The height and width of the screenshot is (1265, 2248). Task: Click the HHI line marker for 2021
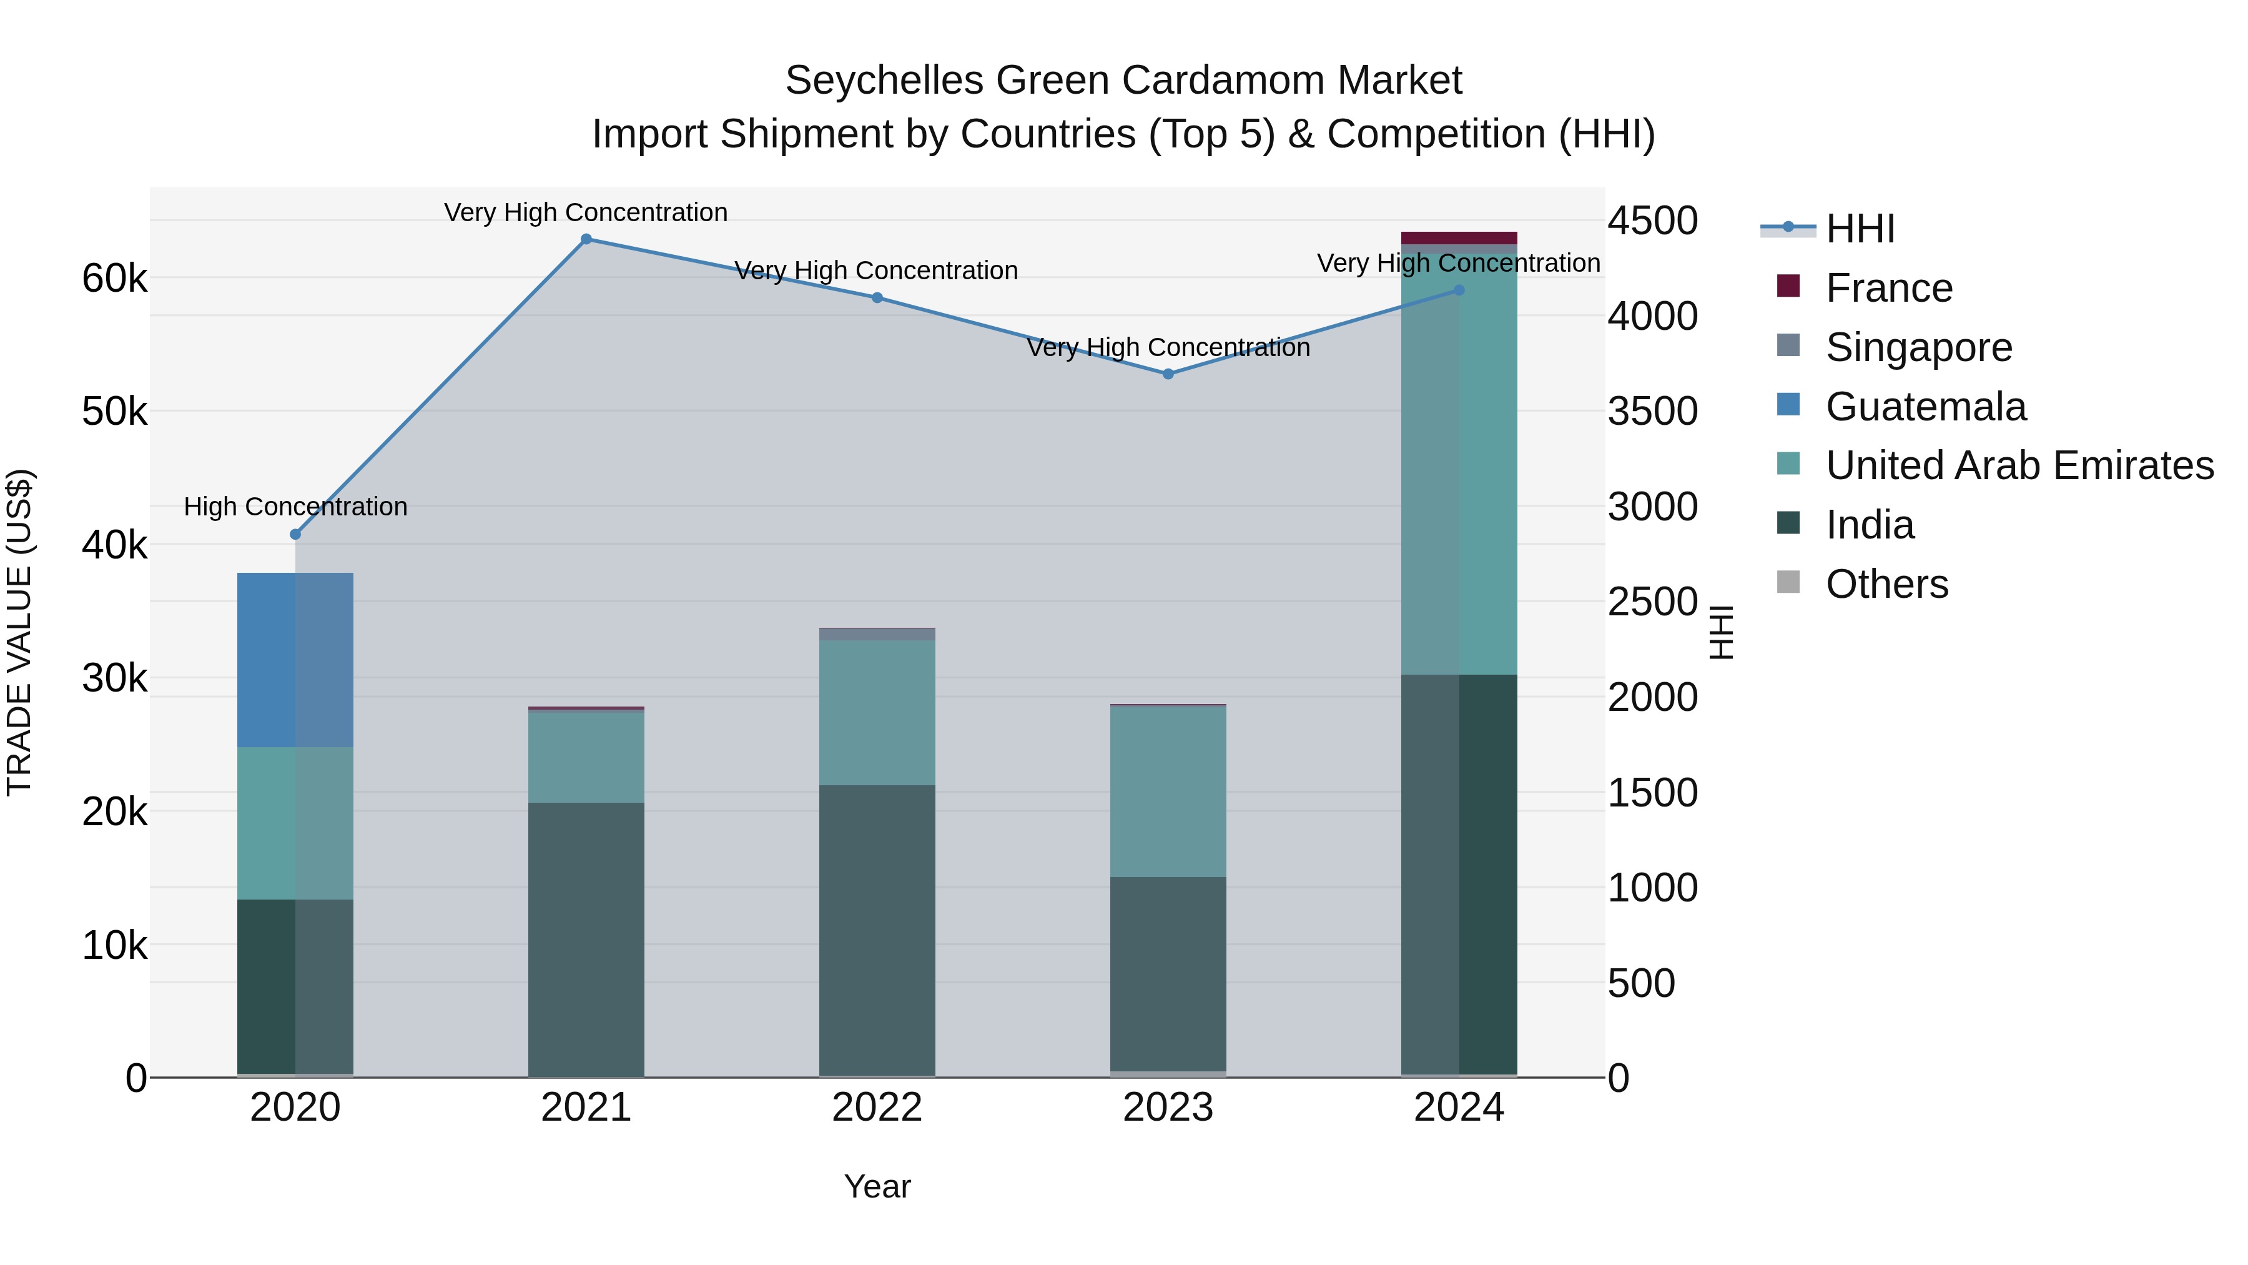tap(586, 239)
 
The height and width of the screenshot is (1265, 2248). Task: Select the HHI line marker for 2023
tap(1168, 374)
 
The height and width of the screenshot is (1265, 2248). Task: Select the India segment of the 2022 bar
tap(877, 930)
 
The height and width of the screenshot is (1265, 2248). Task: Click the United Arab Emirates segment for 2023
tap(1168, 791)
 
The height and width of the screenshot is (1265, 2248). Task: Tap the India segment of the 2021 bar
tap(586, 938)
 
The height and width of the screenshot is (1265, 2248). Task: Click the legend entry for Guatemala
tap(1925, 407)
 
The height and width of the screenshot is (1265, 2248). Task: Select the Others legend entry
tap(1886, 584)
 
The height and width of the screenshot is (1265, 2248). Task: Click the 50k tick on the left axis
tap(114, 412)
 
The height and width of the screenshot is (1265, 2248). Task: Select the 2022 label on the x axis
tap(877, 1108)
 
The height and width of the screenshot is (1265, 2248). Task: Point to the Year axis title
tap(877, 1186)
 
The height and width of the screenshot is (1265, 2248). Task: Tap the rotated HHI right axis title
tap(1720, 632)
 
